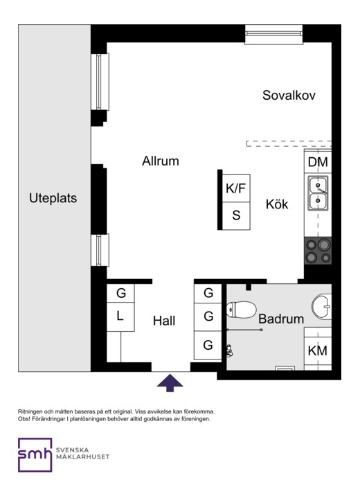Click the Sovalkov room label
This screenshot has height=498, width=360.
click(289, 96)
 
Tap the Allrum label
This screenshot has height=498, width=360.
click(161, 161)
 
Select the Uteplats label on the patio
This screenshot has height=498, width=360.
click(53, 198)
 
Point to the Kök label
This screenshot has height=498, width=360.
click(277, 204)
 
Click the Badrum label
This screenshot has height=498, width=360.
click(281, 319)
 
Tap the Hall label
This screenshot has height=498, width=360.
click(164, 321)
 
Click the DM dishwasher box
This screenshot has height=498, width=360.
click(318, 162)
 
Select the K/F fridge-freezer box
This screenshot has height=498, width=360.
click(236, 188)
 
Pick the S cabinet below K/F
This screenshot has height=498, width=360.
click(236, 215)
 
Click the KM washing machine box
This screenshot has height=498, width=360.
click(318, 350)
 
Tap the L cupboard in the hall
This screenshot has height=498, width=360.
click(120, 317)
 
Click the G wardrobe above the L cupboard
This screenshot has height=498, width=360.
click(120, 293)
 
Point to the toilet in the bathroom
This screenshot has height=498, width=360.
click(242, 310)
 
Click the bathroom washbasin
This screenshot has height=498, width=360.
click(322, 306)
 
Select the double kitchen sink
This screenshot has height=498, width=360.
click(318, 193)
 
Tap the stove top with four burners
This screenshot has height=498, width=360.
click(318, 251)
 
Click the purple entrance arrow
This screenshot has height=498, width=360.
click(170, 383)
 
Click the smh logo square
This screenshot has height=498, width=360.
click(35, 455)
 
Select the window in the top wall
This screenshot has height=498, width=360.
click(274, 35)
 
